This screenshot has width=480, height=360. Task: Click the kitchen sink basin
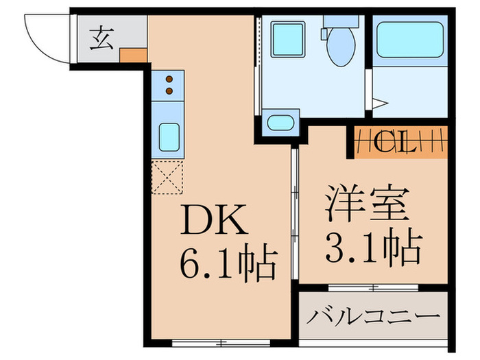tap(169, 135)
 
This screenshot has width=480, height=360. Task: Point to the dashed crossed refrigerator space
tap(168, 176)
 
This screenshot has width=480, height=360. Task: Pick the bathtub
tap(410, 40)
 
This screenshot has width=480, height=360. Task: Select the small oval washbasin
tap(280, 124)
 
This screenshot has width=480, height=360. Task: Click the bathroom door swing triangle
tap(381, 104)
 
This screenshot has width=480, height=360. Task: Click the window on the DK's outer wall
tap(219, 342)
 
